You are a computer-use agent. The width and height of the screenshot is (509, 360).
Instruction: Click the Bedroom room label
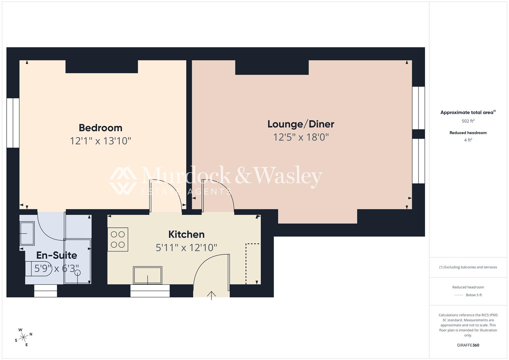point(100,128)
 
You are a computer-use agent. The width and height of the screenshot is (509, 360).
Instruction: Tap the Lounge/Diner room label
point(301,124)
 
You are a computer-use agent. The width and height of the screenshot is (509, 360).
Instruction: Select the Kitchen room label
point(186,234)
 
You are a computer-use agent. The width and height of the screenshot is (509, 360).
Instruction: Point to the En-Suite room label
point(57,255)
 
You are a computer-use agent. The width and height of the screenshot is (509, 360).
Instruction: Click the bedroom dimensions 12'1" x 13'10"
point(100,141)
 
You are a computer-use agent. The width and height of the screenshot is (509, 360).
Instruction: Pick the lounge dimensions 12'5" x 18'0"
point(301,137)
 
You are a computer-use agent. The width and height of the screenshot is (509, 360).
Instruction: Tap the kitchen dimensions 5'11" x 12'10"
point(186,248)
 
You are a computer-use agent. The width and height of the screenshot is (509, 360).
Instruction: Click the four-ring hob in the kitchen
point(118,239)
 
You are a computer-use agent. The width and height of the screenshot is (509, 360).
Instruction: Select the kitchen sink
point(147,275)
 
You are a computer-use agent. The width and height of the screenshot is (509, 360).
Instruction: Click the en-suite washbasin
point(27,233)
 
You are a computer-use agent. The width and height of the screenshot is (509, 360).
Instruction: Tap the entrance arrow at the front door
point(211,295)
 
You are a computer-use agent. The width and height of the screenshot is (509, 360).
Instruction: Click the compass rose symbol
point(23,337)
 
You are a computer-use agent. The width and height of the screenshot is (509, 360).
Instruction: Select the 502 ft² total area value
point(468,121)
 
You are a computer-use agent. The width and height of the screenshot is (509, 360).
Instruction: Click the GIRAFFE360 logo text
point(468,345)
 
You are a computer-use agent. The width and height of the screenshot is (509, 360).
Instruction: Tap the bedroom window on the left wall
point(13,123)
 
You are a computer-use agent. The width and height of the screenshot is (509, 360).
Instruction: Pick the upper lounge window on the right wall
point(418,108)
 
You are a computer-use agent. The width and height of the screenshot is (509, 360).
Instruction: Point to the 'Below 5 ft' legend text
point(474,295)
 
